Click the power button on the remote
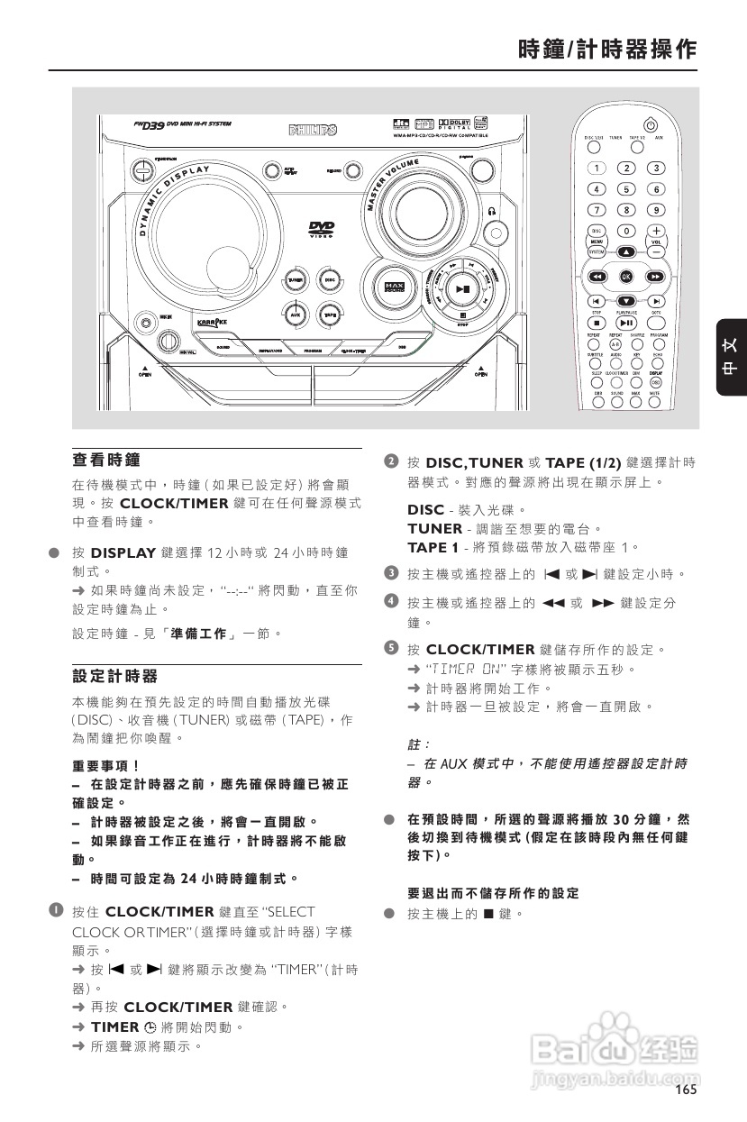pyautogui.click(x=651, y=125)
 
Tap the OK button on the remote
pyautogui.click(x=626, y=277)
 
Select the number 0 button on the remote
pyautogui.click(x=626, y=230)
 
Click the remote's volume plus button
pyautogui.click(x=657, y=230)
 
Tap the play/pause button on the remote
pyautogui.click(x=626, y=322)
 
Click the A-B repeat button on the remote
pyautogui.click(x=616, y=344)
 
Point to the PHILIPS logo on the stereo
pyautogui.click(x=313, y=130)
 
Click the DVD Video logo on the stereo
pyautogui.click(x=322, y=230)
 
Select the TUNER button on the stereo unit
pyautogui.click(x=296, y=281)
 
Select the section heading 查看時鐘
pyautogui.click(x=106, y=460)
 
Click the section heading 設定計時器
pyautogui.click(x=114, y=676)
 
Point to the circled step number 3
pyautogui.click(x=391, y=573)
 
